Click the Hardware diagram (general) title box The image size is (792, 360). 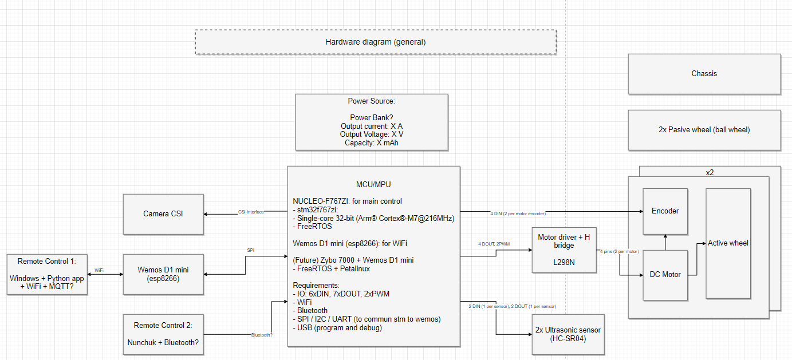376,42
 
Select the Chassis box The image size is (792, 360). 704,74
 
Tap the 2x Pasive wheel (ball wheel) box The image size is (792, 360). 704,130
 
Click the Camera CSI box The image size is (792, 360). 163,214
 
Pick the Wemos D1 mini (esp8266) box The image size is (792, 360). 163,274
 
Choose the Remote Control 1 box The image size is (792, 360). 47,274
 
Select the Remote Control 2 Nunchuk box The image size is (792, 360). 163,334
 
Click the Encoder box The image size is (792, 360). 665,211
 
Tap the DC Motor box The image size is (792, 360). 665,275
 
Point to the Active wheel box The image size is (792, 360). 728,243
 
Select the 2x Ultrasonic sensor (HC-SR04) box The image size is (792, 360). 568,334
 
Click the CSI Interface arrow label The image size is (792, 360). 251,212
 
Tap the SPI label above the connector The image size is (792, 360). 250,250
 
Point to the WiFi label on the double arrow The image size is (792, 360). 99,270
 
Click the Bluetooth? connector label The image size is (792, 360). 262,335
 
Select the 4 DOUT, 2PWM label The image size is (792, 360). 495,244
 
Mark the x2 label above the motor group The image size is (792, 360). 710,172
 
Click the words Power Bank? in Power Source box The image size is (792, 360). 371,118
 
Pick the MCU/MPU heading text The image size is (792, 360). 373,185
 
